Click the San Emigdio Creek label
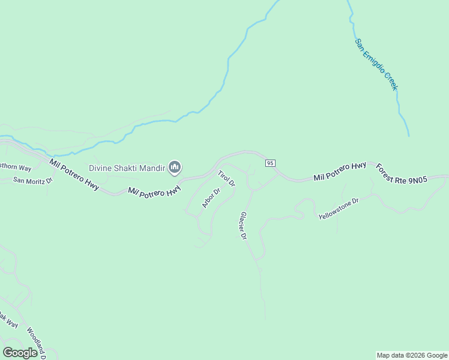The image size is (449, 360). click(x=376, y=65)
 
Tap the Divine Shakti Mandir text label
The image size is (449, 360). click(x=127, y=168)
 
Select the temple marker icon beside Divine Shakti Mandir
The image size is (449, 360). click(x=175, y=167)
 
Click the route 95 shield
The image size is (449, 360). click(x=270, y=163)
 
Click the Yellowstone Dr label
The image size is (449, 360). click(x=338, y=208)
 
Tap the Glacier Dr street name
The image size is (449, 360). click(x=243, y=226)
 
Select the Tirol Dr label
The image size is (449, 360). click(x=226, y=178)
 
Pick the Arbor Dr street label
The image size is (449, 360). click(x=211, y=198)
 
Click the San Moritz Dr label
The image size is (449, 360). click(x=33, y=180)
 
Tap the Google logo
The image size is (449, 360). click(x=20, y=353)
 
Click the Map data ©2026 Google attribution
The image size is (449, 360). click(x=412, y=355)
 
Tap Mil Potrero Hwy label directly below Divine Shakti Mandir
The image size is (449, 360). click(x=154, y=191)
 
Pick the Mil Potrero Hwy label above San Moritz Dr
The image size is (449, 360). click(x=74, y=175)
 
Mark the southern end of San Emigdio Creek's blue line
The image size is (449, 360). click(x=409, y=136)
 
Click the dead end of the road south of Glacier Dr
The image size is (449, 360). click(x=265, y=319)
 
